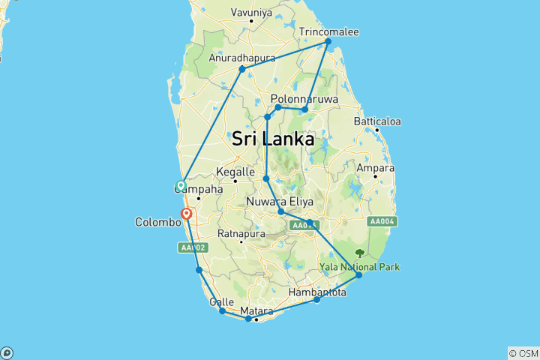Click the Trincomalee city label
(x=329, y=32)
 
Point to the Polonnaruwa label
(x=304, y=99)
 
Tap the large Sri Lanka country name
(x=272, y=139)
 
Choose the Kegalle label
(x=236, y=172)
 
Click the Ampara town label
(x=376, y=168)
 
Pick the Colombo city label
(x=157, y=223)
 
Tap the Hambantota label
(x=318, y=292)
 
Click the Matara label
(x=256, y=310)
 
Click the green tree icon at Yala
(x=360, y=253)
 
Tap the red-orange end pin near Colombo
(x=186, y=214)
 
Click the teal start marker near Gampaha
(x=181, y=185)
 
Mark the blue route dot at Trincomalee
(x=328, y=41)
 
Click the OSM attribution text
(x=523, y=353)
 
